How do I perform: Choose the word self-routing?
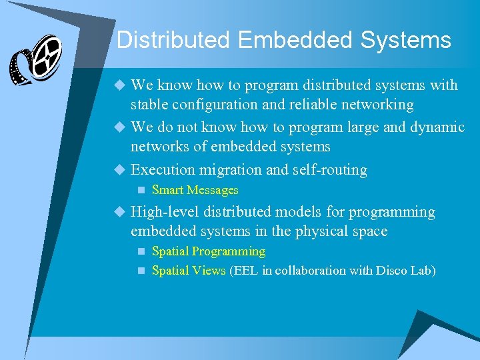coord(330,170)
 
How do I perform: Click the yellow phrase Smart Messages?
coord(195,190)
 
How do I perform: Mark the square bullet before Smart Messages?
coord(140,190)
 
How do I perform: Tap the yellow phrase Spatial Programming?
coord(209,251)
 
